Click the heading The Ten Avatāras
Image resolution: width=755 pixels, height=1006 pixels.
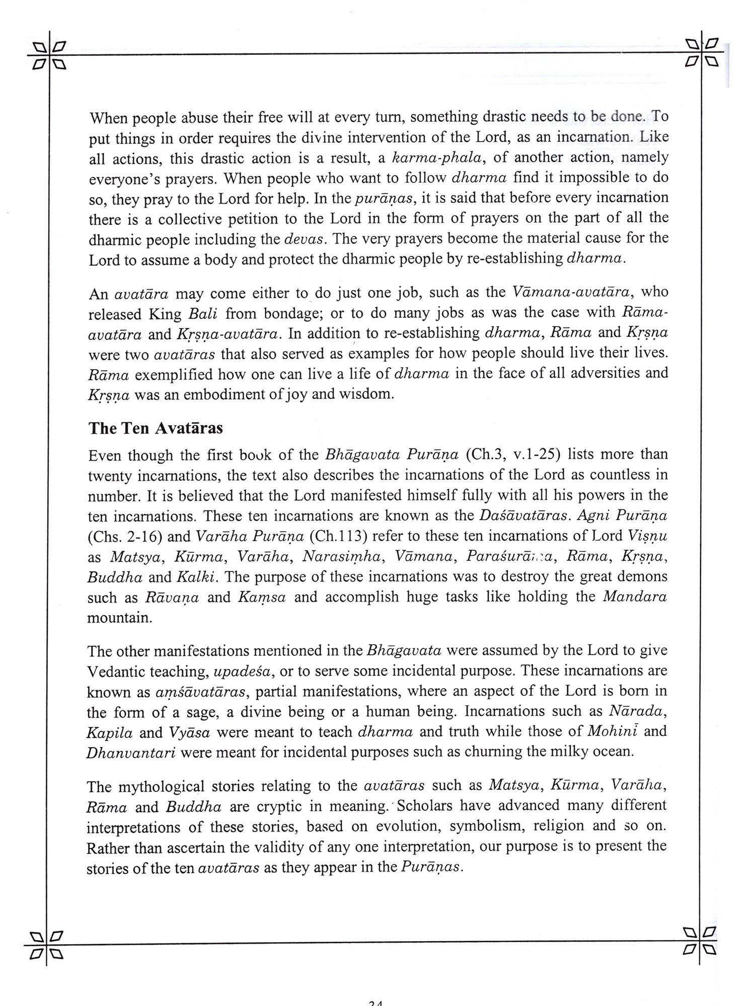(156, 428)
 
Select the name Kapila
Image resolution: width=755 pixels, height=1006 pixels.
(110, 732)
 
